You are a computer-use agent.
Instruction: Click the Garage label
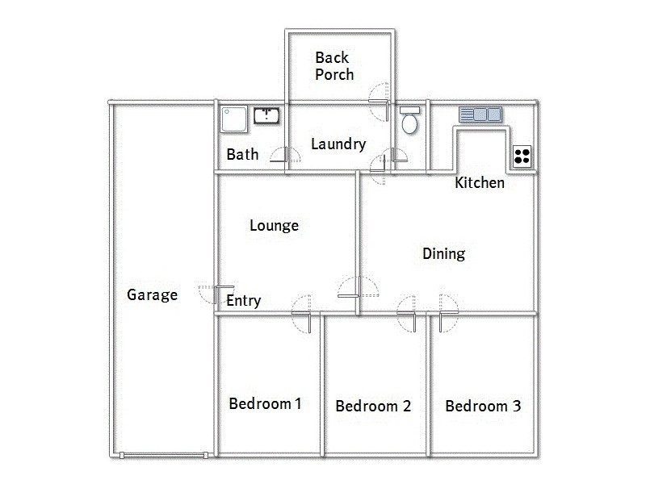point(152,295)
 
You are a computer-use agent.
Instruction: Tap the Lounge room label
point(274,226)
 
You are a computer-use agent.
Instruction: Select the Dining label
point(443,254)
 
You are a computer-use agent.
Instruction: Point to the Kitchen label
point(480,183)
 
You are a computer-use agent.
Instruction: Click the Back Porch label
point(333,65)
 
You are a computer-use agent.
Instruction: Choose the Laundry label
point(338,145)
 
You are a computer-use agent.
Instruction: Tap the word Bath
point(242,154)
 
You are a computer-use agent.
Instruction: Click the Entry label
point(243,301)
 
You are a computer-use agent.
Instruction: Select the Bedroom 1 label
point(265,403)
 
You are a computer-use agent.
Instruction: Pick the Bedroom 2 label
point(373,406)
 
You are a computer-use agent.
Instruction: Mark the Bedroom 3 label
point(482,406)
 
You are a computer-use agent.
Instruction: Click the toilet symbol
point(409,122)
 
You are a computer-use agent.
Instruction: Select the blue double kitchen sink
point(480,115)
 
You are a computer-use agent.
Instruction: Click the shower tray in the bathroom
point(233,119)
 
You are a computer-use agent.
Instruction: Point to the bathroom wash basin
point(266,115)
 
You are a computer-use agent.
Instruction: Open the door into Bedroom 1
point(302,312)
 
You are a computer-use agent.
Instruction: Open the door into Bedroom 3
point(447,312)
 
